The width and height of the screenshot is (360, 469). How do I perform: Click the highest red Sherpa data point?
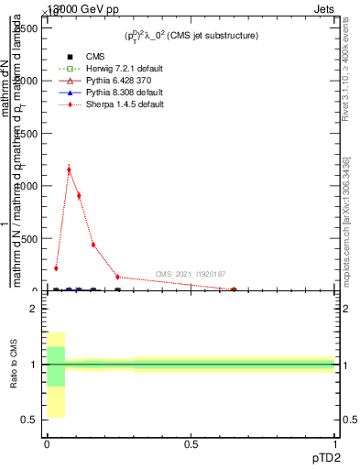(69, 169)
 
